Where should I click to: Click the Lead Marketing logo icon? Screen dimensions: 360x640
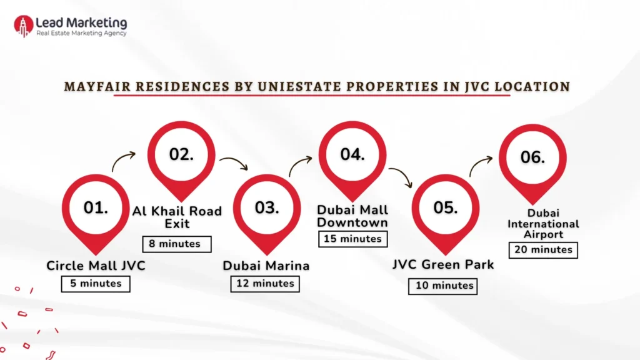click(x=23, y=26)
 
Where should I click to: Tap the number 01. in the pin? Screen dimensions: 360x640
click(x=96, y=207)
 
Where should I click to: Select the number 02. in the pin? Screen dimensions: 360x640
click(x=181, y=154)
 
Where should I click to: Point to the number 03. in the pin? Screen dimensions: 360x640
click(x=267, y=207)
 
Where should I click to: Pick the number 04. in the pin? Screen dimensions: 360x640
click(x=352, y=154)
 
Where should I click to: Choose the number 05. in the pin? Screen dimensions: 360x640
click(x=446, y=207)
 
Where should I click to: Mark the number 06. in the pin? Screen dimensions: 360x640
click(x=532, y=157)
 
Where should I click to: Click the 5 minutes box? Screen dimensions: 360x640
click(x=96, y=283)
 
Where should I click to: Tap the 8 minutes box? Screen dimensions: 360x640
click(x=177, y=244)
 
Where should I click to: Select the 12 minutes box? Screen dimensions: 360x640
click(x=265, y=283)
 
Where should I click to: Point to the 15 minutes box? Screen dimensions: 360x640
click(x=352, y=239)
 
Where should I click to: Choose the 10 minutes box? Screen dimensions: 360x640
click(x=443, y=286)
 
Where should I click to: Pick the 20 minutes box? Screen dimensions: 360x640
click(x=543, y=249)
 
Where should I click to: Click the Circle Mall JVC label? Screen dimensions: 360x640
click(x=96, y=266)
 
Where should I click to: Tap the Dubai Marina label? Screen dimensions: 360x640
click(x=266, y=266)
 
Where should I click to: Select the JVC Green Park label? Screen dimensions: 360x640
click(x=443, y=264)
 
